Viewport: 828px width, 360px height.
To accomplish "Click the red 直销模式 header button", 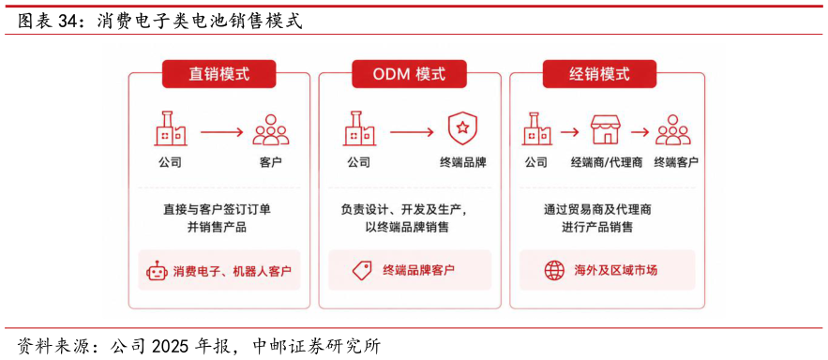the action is click(x=219, y=74).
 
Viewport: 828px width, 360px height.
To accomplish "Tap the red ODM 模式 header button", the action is click(x=409, y=74).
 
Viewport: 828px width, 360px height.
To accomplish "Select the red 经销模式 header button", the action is click(x=599, y=74).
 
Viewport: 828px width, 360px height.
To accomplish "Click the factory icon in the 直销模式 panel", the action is click(x=170, y=128).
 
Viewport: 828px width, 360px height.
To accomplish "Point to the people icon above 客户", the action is click(x=271, y=130).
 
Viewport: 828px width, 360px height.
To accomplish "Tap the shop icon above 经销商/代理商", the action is click(x=606, y=130).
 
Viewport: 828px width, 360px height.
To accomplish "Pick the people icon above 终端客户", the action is click(x=673, y=130).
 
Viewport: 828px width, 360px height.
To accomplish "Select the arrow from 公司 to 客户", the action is click(x=221, y=131).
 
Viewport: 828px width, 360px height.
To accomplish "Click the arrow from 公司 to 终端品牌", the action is click(x=412, y=131).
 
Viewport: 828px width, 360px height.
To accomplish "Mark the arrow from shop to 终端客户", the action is click(x=640, y=131).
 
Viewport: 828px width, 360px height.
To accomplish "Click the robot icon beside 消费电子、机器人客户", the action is click(x=157, y=271).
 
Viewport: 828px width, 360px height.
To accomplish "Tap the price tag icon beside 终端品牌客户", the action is click(x=362, y=271).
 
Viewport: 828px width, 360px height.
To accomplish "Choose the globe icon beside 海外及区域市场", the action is click(x=554, y=271).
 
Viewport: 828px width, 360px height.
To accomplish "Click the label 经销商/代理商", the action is click(x=606, y=162).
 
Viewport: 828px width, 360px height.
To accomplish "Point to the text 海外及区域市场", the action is click(x=615, y=271).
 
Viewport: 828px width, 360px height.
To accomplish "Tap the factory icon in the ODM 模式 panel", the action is click(x=359, y=128).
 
